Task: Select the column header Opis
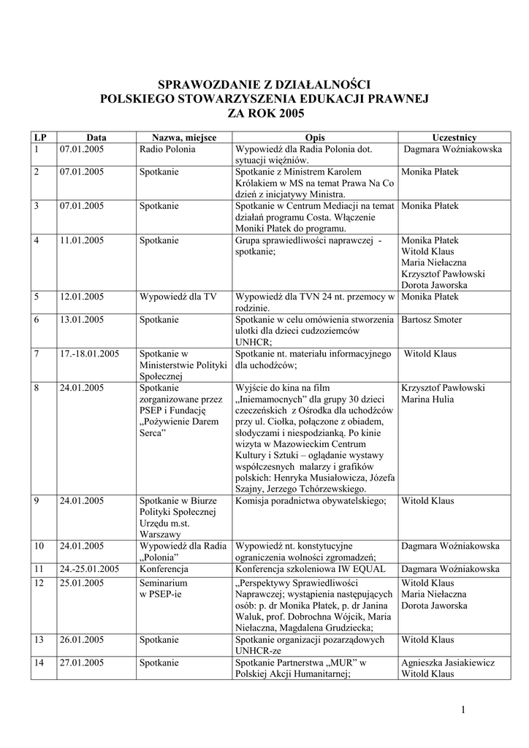coord(315,137)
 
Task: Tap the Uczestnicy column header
coord(454,137)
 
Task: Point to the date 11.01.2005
coord(82,240)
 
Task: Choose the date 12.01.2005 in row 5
coord(82,297)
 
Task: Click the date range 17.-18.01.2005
coord(89,354)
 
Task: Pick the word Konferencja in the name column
coord(164,568)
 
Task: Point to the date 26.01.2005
coord(82,638)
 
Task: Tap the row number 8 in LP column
coord(37,388)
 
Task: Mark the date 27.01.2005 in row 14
coord(82,663)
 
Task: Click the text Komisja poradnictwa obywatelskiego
coord(316,500)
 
